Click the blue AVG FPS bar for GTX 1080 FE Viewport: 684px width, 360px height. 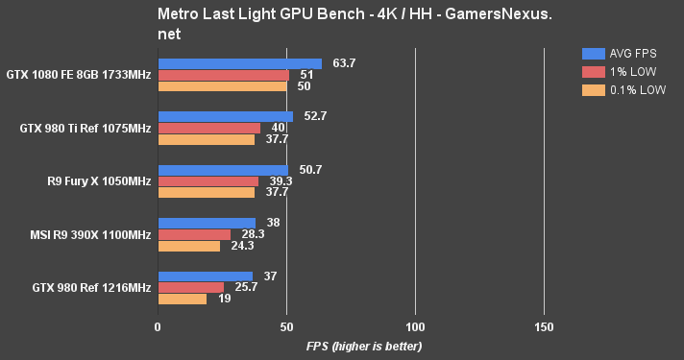[240, 63]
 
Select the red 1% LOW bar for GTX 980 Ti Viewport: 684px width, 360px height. [209, 128]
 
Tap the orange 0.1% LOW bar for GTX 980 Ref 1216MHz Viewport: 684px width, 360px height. [183, 299]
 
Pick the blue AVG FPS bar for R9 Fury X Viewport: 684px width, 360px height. [223, 170]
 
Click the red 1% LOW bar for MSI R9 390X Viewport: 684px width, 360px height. [194, 234]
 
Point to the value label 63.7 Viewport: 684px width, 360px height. [345, 63]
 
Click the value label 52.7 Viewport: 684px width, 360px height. [316, 116]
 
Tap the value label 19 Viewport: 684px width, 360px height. [224, 299]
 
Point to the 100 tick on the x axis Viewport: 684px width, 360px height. [415, 327]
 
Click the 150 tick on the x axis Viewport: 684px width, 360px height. [544, 327]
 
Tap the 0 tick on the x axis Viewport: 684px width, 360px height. [158, 327]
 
